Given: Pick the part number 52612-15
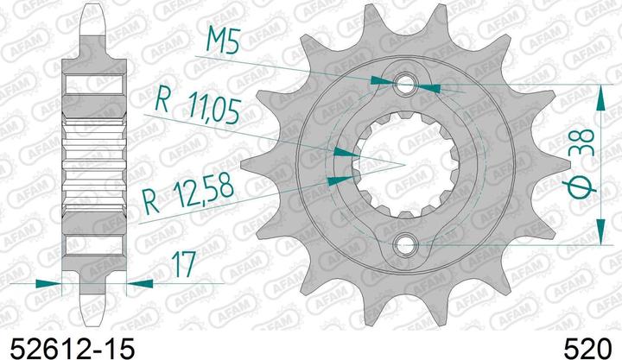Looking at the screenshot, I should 69,347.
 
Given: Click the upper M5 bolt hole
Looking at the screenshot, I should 406,84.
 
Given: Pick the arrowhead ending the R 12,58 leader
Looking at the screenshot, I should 344,179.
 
